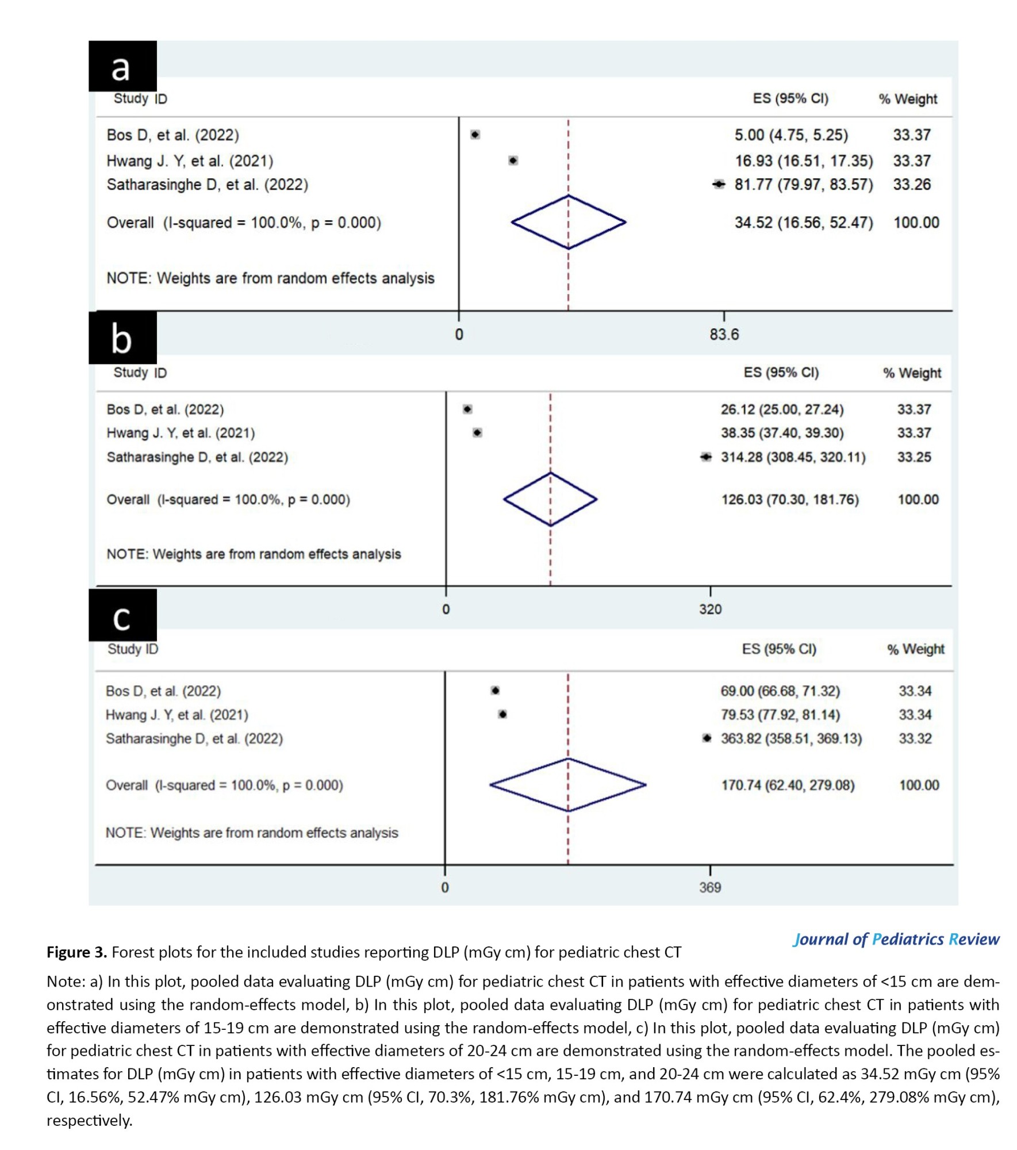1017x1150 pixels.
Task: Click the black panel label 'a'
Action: pos(122,66)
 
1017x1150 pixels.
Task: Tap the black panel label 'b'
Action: pos(122,338)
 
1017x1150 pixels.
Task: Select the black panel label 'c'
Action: pos(122,616)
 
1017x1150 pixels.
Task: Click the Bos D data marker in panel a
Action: pos(475,135)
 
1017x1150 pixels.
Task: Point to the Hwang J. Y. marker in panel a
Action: pos(513,160)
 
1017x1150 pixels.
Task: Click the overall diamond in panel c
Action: pos(567,785)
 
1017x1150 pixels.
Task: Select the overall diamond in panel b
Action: pos(550,499)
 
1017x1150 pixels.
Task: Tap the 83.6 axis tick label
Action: pos(723,334)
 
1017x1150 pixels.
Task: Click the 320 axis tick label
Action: pos(710,609)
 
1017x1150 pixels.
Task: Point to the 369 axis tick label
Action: pos(710,887)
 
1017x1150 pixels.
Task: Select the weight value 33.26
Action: pos(911,185)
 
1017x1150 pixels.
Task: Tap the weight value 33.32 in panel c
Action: pos(915,738)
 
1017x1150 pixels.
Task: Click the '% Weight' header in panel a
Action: pos(907,99)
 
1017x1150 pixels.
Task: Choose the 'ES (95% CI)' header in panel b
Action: pos(781,373)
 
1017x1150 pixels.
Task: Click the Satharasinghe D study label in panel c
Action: pos(194,738)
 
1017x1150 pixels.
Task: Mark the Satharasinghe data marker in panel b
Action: pos(706,457)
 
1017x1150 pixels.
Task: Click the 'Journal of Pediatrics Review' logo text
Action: pos(896,939)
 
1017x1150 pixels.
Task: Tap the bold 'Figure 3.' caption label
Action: pos(76,952)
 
